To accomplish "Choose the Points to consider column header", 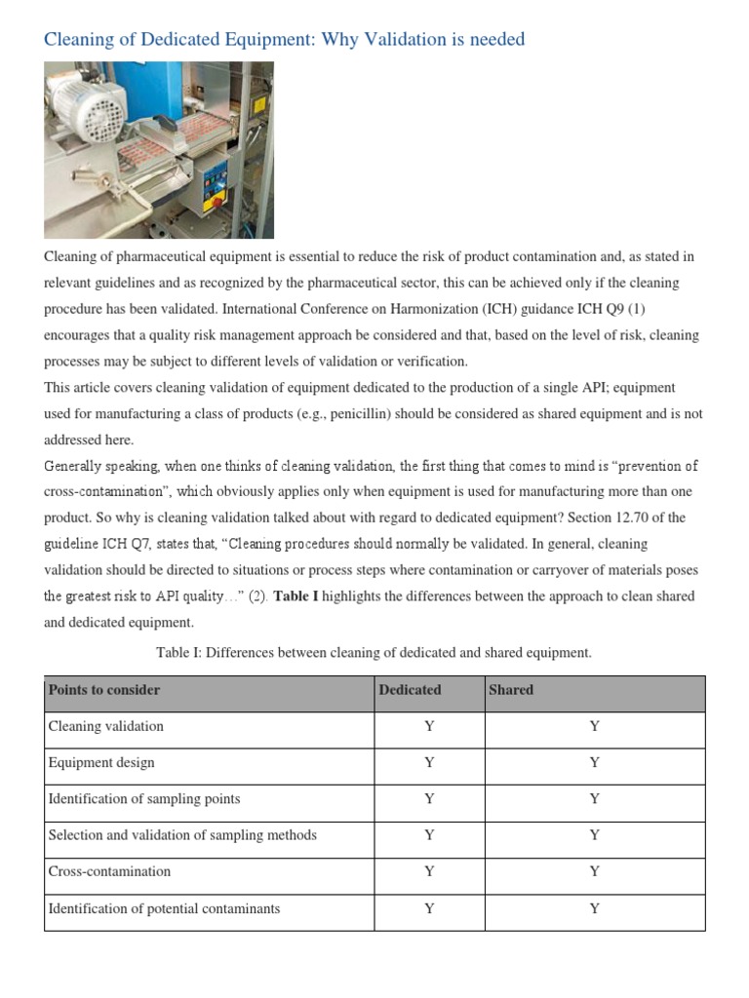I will click(104, 690).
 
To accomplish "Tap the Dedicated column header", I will click(410, 690).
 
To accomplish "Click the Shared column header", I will click(511, 690).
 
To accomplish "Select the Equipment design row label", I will click(101, 763).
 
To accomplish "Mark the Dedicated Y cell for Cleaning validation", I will click(429, 727).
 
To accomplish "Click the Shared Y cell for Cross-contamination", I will click(595, 872).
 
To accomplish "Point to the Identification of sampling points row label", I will click(144, 799).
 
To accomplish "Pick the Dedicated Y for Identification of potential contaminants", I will click(429, 909).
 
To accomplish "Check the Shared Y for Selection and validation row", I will click(595, 836).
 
